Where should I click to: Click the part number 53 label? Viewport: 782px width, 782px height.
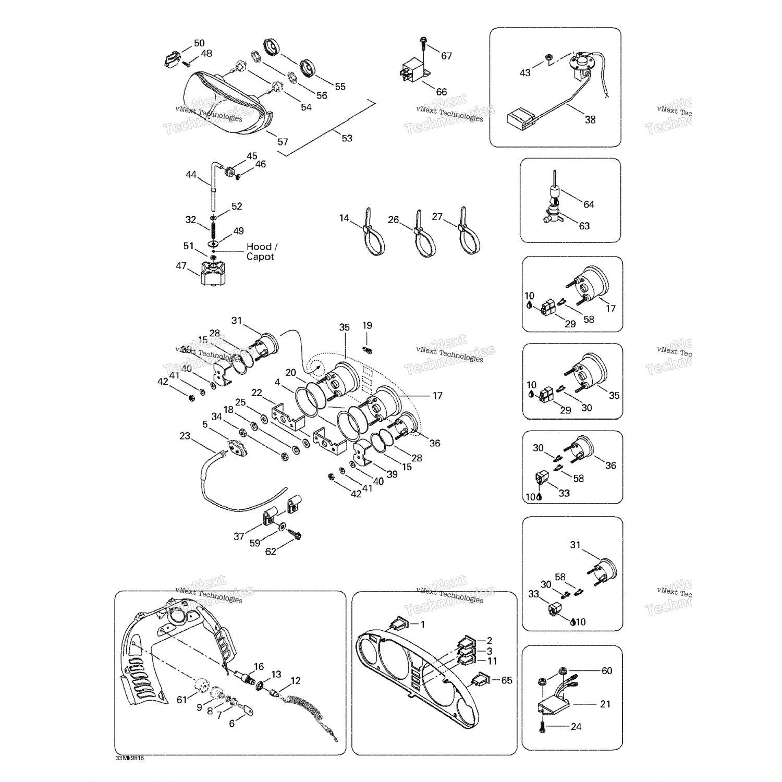pos(347,138)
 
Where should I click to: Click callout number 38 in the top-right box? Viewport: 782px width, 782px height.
pos(590,119)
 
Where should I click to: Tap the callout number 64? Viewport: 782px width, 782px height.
pos(589,204)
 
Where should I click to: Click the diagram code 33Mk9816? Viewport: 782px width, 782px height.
pos(130,758)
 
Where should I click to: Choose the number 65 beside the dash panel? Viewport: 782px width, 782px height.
pos(506,680)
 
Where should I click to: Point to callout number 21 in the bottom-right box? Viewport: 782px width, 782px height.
pos(605,704)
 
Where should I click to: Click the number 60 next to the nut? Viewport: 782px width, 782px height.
pos(607,670)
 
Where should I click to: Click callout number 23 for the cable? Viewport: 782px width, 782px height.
pos(185,436)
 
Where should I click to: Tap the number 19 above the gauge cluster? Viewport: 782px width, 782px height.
pos(367,325)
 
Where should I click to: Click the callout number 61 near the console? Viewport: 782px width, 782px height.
pos(181,700)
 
